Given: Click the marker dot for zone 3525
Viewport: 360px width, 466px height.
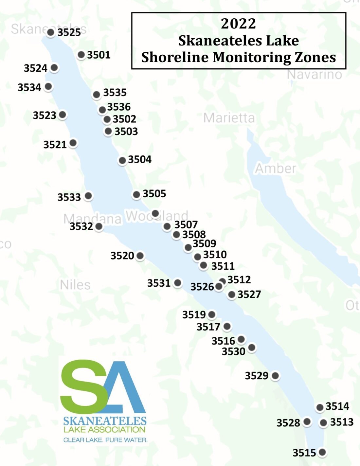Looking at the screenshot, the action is pos(51,32).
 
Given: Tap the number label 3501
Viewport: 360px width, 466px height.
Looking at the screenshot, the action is pos(99,55).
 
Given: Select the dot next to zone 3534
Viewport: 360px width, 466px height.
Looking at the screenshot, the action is pos(48,86).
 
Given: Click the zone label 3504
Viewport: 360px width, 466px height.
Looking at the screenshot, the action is pos(140,159).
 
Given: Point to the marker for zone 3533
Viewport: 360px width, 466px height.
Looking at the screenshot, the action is pos(88,196).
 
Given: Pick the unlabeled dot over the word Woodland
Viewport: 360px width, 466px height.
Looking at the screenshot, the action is pos(155,214).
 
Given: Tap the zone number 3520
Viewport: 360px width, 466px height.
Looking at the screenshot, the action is pos(122,256).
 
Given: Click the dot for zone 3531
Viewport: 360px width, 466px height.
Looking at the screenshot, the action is pos(178,283).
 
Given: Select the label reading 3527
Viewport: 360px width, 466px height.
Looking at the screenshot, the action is pos(249,295).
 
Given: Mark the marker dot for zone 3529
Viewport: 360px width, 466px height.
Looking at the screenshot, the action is pos(275,375).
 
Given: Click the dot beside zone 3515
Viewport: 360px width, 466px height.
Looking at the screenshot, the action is pos(322,452).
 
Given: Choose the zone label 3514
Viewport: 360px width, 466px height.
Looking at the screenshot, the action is pos(337,406).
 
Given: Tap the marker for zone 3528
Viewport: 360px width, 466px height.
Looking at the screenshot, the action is pos(307,421).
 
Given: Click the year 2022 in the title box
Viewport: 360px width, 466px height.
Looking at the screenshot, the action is pos(238,24).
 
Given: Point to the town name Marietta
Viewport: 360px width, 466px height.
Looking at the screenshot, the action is pos(229,118).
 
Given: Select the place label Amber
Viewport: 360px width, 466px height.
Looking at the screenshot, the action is pos(275,169).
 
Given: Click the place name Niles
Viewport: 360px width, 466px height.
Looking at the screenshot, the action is pos(75,285).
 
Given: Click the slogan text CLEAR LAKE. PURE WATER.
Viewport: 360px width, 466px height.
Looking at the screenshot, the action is pos(105,440).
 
